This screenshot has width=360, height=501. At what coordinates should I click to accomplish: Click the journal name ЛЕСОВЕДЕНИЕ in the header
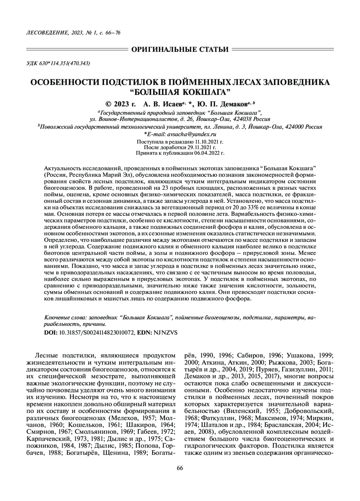click(x=40, y=33)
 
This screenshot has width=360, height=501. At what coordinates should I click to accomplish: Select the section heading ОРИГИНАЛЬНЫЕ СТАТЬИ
click(x=180, y=49)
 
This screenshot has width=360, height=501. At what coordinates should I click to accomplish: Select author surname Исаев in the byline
click(x=171, y=104)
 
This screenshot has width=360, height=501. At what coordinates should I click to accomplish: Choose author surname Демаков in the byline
click(x=232, y=104)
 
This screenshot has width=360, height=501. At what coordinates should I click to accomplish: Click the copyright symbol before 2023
click(x=108, y=104)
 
